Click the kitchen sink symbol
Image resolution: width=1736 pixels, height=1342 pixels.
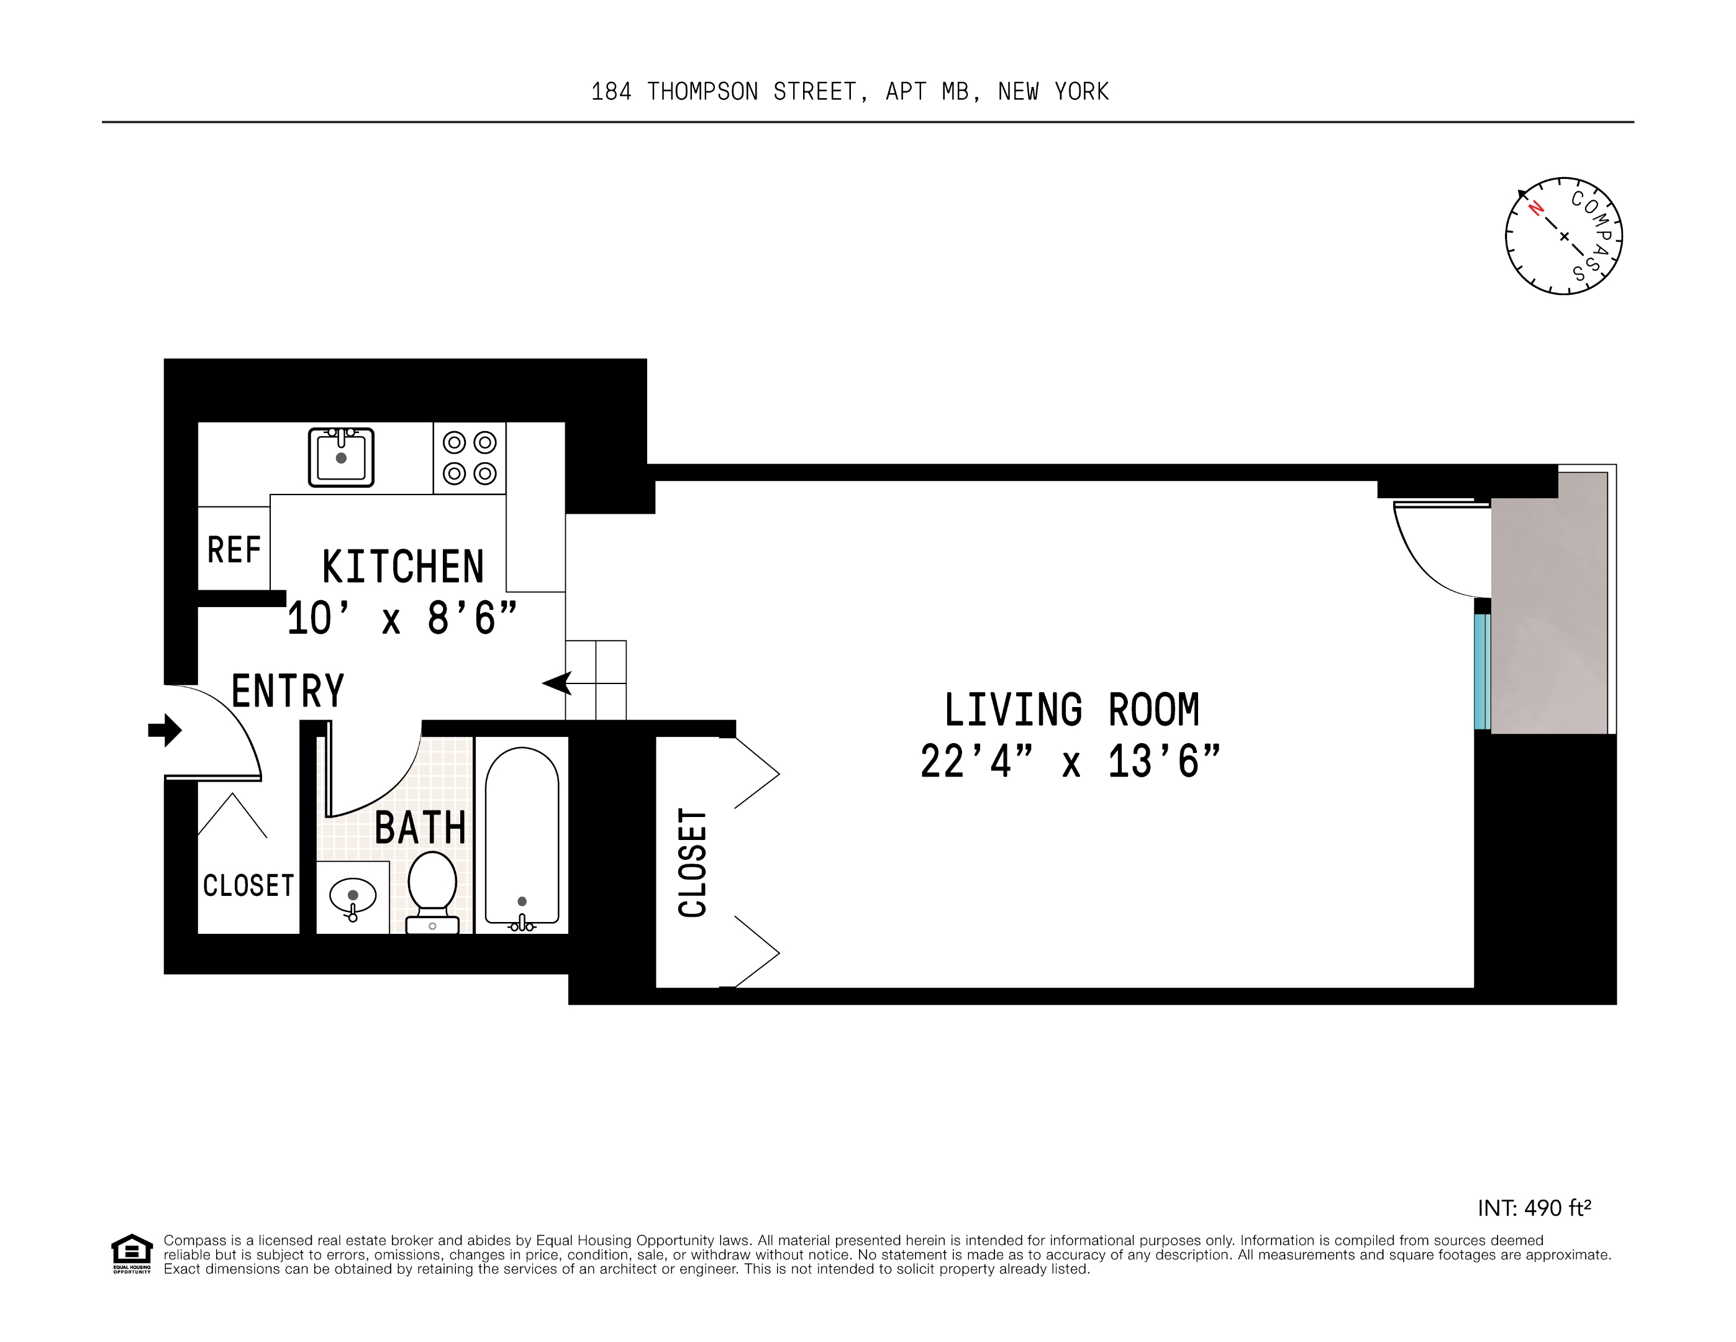click(341, 457)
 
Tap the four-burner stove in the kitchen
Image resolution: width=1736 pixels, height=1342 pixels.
click(469, 458)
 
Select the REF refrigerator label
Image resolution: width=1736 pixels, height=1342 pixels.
click(234, 549)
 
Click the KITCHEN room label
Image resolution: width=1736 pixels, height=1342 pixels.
click(403, 567)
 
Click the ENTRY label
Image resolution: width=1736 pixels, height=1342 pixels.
click(287, 690)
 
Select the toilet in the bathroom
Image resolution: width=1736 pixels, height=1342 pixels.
click(432, 891)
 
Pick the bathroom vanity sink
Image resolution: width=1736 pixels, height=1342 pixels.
click(353, 898)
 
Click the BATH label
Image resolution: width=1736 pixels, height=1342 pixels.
click(420, 828)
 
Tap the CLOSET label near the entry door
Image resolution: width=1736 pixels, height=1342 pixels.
click(248, 885)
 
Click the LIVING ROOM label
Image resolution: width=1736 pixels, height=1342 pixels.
click(1071, 710)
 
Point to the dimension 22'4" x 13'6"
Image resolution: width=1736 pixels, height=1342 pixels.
click(1070, 762)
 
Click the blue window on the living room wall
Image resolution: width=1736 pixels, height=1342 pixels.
click(1481, 672)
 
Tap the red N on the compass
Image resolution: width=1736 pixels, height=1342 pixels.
click(1535, 208)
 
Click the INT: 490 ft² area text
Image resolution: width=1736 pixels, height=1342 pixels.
click(1534, 1208)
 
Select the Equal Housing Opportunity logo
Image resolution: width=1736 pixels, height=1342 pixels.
click(131, 1254)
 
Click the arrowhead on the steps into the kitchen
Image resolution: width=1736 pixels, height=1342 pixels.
click(557, 683)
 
